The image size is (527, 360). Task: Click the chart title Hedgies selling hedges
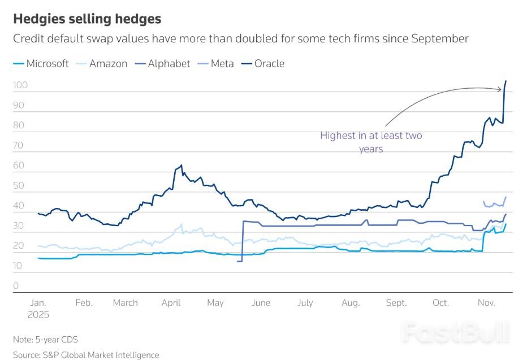coord(87,19)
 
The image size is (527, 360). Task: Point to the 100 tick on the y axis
coord(20,85)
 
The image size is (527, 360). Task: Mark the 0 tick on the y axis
coord(16,285)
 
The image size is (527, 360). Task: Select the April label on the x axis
coord(171,303)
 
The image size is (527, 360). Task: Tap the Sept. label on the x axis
coord(396,303)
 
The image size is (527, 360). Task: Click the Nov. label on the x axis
coord(487,303)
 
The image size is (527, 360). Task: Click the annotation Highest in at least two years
coord(371,142)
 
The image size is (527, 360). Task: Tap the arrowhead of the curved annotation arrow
coord(500,89)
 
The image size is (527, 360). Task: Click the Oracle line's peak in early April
coord(182,165)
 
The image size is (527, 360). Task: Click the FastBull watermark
coord(456,333)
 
